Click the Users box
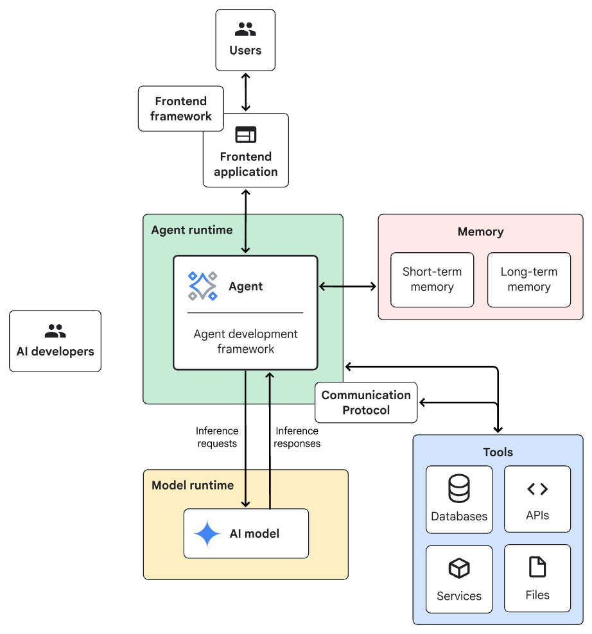point(245,40)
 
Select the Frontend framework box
point(181,108)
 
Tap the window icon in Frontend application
point(246,135)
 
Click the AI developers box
point(55,341)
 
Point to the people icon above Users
point(245,29)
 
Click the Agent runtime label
point(192,230)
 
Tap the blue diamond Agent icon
point(202,286)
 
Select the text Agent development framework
point(246,341)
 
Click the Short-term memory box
point(432,280)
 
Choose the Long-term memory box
point(529,280)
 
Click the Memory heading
point(481,232)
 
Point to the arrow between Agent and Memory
point(347,287)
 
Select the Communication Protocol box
point(366,402)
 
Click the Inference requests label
point(217,437)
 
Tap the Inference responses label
point(297,437)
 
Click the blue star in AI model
point(207,534)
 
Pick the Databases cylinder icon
point(459,488)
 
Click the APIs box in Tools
point(537,499)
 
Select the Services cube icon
point(459,568)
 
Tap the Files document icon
point(537,567)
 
